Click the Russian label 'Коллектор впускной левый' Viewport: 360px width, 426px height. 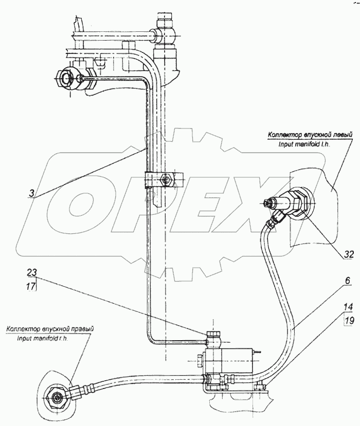coord(310,135)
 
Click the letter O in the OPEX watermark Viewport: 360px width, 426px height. coord(85,202)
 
